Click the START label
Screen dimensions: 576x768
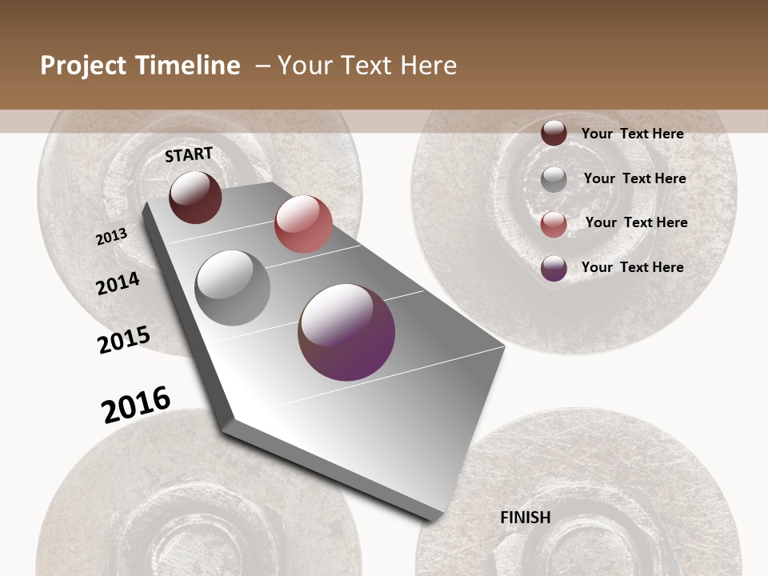pyautogui.click(x=189, y=154)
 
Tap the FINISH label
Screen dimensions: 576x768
pyautogui.click(x=525, y=518)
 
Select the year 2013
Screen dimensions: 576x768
pyautogui.click(x=112, y=237)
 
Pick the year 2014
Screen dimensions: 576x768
pyautogui.click(x=118, y=284)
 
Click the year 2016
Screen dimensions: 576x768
pyautogui.click(x=136, y=405)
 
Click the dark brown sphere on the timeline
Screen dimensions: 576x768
pyautogui.click(x=195, y=197)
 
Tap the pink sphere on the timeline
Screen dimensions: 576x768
pyautogui.click(x=303, y=224)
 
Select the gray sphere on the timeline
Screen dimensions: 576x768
pyautogui.click(x=233, y=288)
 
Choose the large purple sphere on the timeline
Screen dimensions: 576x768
pyautogui.click(x=346, y=332)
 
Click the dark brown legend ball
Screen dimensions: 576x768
pyautogui.click(x=554, y=133)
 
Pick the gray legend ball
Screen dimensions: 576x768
pyautogui.click(x=554, y=179)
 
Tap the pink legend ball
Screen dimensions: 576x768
pyautogui.click(x=554, y=224)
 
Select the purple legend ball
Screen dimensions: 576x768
pyautogui.click(x=554, y=268)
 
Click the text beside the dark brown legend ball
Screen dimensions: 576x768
pyautogui.click(x=632, y=134)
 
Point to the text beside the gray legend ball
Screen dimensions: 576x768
pyautogui.click(x=634, y=178)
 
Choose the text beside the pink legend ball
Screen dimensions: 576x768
pyautogui.click(x=636, y=222)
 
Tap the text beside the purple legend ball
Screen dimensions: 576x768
pyautogui.click(x=632, y=267)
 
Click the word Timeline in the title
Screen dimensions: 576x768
pyautogui.click(x=189, y=66)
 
